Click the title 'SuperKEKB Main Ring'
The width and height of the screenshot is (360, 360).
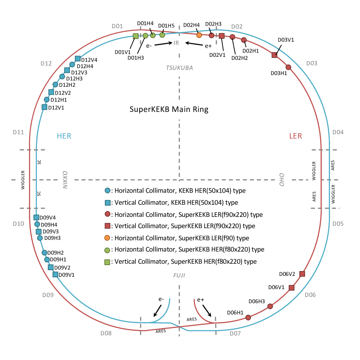pyautogui.click(x=169, y=110)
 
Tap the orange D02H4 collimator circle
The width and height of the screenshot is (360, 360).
pyautogui.click(x=199, y=35)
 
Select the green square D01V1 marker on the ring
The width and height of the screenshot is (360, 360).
pyautogui.click(x=135, y=36)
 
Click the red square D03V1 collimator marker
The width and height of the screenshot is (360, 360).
pyautogui.click(x=274, y=55)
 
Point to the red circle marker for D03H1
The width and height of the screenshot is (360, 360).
pyautogui.click(x=288, y=67)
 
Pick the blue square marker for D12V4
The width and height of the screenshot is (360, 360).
pyautogui.click(x=78, y=59)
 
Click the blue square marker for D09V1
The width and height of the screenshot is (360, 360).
pyautogui.click(x=55, y=274)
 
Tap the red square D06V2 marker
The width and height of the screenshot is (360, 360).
pyautogui.click(x=302, y=274)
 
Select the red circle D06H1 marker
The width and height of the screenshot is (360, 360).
pyautogui.click(x=248, y=317)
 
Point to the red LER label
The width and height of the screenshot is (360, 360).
pyautogui.click(x=295, y=136)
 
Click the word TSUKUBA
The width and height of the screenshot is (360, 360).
pyautogui.click(x=179, y=68)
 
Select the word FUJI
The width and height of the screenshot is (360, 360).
pyautogui.click(x=179, y=275)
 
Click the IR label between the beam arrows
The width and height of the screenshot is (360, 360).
pyautogui.click(x=177, y=43)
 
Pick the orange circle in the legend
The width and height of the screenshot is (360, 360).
pyautogui.click(x=108, y=238)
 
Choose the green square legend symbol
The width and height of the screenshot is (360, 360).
pyautogui.click(x=108, y=262)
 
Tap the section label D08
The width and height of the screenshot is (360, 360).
pyautogui.click(x=106, y=333)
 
